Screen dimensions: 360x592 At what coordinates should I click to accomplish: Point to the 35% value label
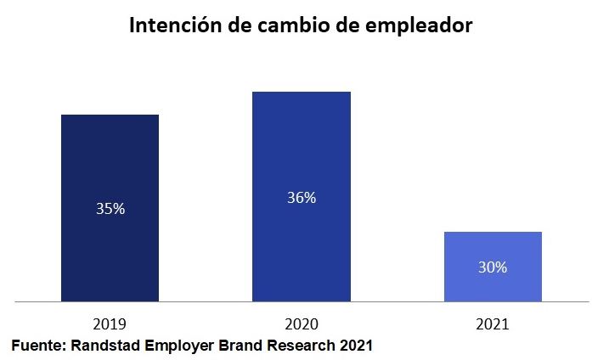pos(110,208)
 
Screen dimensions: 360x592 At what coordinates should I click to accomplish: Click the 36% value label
pos(302,198)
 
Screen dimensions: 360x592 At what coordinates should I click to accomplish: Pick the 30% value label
pos(493,267)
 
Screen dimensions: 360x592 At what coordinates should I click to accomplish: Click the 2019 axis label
pos(110,323)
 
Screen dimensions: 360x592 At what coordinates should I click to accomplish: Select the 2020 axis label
pos(302,323)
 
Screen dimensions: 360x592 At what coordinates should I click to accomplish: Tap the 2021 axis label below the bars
pos(493,323)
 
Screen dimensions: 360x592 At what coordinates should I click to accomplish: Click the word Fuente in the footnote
pos(38,346)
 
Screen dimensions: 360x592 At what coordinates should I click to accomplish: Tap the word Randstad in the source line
pos(107,346)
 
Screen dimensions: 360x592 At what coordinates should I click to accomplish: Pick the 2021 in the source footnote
pos(357,346)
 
